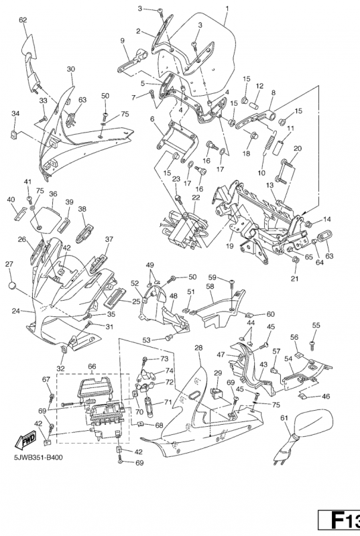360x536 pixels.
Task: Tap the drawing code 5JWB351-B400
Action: click(38, 458)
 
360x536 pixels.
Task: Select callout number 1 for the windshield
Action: click(227, 8)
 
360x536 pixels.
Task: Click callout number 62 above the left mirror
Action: click(23, 20)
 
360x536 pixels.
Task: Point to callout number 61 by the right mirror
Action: click(284, 417)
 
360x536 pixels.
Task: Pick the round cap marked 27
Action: click(12, 285)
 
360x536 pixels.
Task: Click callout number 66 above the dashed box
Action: click(92, 366)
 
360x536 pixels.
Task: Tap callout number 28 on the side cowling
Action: click(198, 348)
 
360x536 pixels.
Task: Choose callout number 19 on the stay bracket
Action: click(229, 246)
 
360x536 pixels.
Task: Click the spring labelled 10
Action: click(269, 144)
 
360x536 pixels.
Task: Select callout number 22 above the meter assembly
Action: click(196, 198)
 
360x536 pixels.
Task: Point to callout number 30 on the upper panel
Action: click(70, 69)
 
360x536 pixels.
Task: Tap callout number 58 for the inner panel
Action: click(210, 286)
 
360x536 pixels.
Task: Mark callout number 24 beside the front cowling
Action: click(15, 311)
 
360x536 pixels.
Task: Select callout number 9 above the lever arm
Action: click(122, 40)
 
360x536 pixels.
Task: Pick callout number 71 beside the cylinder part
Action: click(168, 402)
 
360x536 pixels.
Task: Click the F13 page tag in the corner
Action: click(339, 523)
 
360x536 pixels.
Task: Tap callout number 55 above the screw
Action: click(316, 325)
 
